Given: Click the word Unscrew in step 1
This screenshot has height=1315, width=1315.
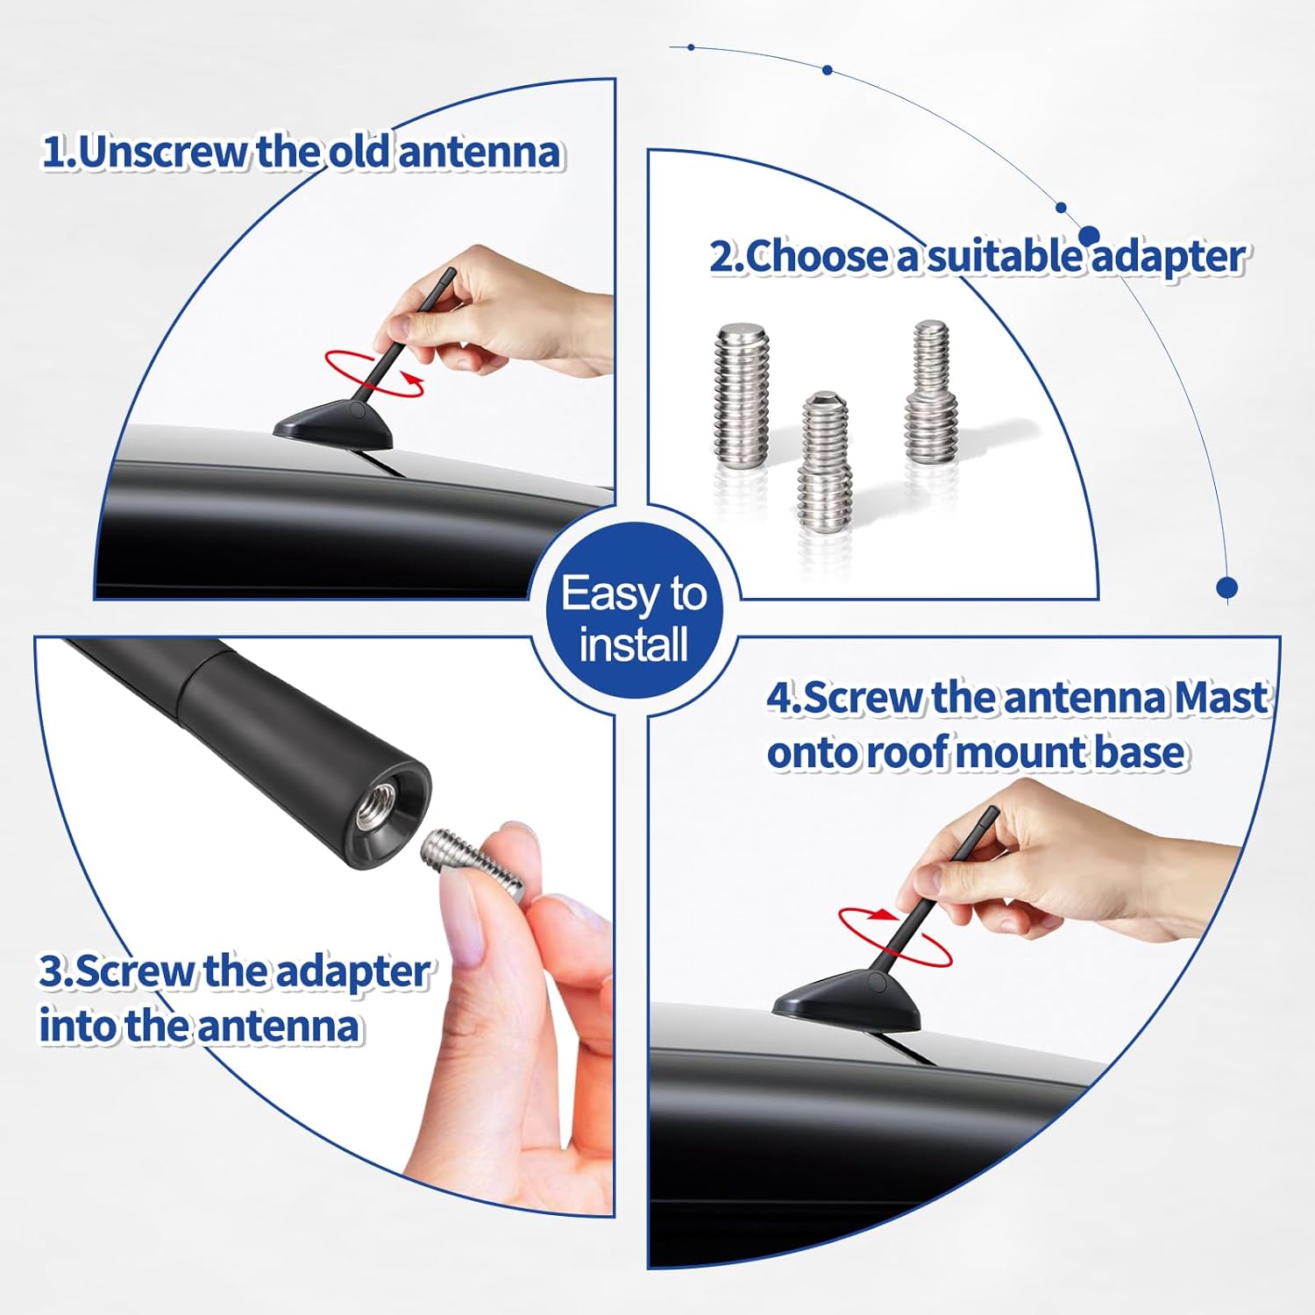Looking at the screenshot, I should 163,152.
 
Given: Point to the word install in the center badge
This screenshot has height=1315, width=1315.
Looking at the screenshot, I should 633,645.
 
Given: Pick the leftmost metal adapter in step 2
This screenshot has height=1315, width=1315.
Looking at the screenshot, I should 742,395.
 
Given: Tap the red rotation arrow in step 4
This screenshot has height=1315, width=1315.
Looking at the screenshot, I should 894,935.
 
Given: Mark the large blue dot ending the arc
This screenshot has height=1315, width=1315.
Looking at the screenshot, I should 1227,586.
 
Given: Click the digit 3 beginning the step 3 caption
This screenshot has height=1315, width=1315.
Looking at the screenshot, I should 53,971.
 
